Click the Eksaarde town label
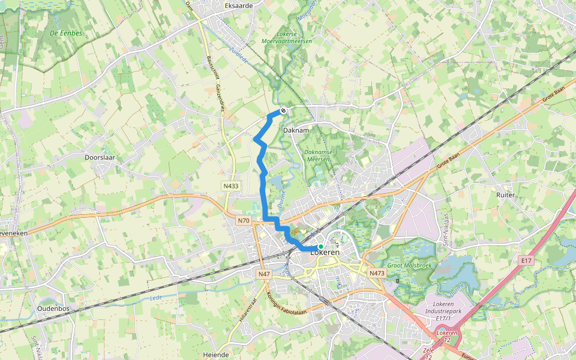point(238,5)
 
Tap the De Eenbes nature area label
point(67,34)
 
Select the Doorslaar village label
point(100,157)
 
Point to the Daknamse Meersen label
point(317,155)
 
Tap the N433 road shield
point(230,186)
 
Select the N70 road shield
point(243,221)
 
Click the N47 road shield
point(264,274)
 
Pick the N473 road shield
point(376,273)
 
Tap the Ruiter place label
point(506,195)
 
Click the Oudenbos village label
point(54,308)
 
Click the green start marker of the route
point(321,247)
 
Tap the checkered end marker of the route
point(283,110)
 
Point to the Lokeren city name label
point(325,253)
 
